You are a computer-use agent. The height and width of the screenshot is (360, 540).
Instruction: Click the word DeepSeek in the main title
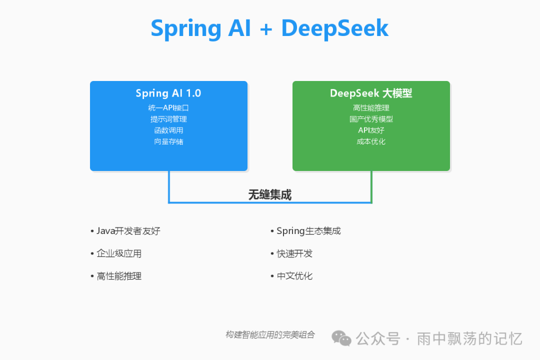pos(335,28)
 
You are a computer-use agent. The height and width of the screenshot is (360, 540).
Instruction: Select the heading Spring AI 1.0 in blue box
pos(168,93)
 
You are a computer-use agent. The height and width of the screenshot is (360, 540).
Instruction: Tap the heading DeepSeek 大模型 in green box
pos(371,93)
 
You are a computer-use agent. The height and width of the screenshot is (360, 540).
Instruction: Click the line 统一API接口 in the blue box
pos(168,107)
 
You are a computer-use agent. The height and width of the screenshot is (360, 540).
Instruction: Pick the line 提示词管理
pos(168,119)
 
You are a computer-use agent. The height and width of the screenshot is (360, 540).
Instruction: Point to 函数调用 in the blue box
pos(168,130)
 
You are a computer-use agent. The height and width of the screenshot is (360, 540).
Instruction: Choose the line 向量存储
pos(168,141)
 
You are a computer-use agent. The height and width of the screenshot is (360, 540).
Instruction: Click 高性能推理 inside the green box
pos(371,107)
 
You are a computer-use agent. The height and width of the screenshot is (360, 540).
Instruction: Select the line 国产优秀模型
pos(371,119)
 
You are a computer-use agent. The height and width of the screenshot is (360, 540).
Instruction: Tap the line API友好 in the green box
pos(371,130)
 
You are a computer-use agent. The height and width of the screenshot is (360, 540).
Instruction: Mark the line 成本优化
pos(371,141)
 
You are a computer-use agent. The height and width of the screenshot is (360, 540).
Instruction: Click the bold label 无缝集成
pos(270,195)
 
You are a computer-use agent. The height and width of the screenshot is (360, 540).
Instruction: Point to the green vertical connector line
pos(371,186)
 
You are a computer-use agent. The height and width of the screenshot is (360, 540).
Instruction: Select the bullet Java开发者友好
pos(128,231)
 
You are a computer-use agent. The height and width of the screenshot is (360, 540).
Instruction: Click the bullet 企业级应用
pos(118,253)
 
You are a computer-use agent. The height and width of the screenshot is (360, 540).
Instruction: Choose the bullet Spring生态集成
pos(308,231)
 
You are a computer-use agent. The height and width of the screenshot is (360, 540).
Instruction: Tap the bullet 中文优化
pos(294,276)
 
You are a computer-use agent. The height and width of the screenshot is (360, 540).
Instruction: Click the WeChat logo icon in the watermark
pos(342,338)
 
